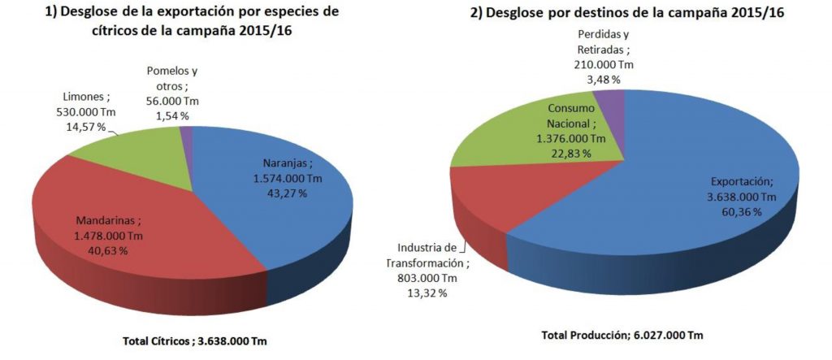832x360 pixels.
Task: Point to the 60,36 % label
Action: coord(739,211)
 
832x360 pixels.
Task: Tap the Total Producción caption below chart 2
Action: coord(622,335)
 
